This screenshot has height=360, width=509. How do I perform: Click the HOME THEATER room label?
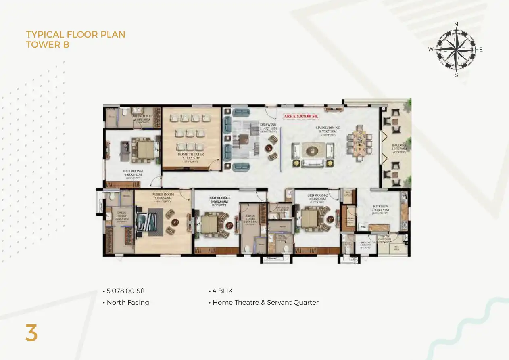pyautogui.click(x=191, y=154)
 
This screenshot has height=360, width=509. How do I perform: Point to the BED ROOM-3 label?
pyautogui.click(x=219, y=198)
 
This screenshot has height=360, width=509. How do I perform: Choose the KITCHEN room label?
pyautogui.click(x=380, y=206)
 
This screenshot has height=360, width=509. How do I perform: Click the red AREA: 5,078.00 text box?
pyautogui.click(x=302, y=116)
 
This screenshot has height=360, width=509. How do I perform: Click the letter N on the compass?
pyautogui.click(x=456, y=24)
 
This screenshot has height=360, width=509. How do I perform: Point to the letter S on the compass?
pyautogui.click(x=456, y=75)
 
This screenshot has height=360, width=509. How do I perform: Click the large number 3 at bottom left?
pyautogui.click(x=31, y=333)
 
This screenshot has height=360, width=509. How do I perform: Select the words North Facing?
pyautogui.click(x=127, y=302)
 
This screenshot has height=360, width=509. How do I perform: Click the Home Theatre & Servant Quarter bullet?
pyautogui.click(x=265, y=302)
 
